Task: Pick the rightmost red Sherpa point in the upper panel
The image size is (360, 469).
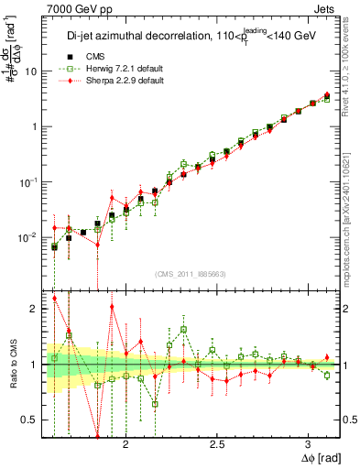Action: click(327, 94)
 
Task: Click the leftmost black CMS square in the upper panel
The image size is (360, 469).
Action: click(54, 246)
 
